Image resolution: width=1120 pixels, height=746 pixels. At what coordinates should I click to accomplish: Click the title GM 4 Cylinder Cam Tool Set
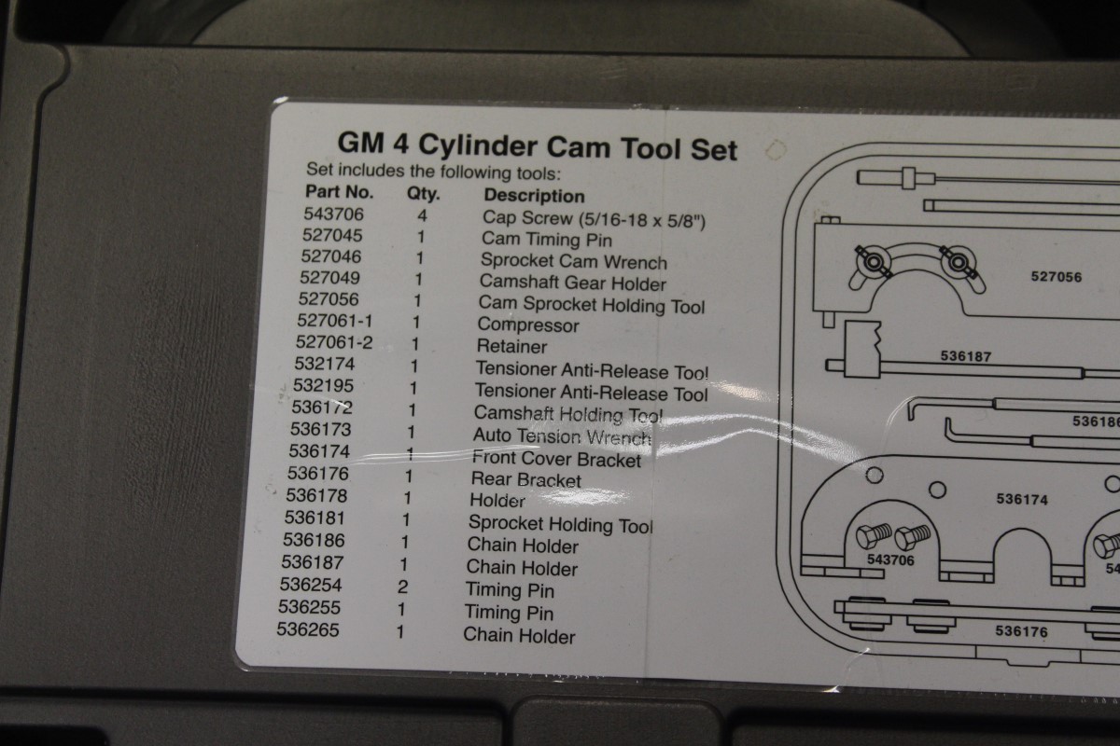[537, 148]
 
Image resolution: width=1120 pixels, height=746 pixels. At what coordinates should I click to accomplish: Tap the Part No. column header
[340, 194]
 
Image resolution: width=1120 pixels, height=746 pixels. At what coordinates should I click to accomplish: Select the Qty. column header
[423, 195]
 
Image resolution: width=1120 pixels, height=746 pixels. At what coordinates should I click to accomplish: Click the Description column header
[534, 196]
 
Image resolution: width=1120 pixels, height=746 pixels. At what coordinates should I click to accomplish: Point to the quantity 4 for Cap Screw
[421, 216]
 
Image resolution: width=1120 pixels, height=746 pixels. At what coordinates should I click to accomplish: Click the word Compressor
[527, 325]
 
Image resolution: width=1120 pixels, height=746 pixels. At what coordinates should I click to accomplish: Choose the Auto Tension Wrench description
[562, 435]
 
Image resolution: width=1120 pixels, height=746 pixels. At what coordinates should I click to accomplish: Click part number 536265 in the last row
[308, 631]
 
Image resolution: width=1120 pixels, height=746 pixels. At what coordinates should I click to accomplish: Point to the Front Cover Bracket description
[556, 459]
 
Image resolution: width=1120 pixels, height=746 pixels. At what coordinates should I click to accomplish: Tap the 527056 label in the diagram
[1057, 276]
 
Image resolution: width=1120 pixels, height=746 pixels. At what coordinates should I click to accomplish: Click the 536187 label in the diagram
[966, 355]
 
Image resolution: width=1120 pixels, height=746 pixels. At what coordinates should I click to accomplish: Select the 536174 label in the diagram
[1022, 500]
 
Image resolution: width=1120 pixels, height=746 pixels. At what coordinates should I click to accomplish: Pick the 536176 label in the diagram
[1021, 631]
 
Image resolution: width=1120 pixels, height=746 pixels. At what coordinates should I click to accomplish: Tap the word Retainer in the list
[511, 346]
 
